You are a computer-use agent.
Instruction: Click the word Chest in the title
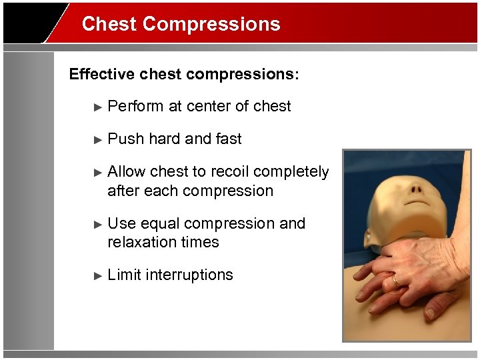[x=109, y=25]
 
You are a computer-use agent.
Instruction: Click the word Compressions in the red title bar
[x=211, y=25]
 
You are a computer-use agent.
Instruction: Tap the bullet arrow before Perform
[x=98, y=107]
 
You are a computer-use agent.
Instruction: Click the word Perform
[x=135, y=106]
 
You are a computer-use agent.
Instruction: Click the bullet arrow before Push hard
[x=98, y=139]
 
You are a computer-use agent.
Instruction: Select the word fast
[x=229, y=139]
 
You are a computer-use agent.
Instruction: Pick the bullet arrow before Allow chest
[x=98, y=172]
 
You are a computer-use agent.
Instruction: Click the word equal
[x=159, y=224]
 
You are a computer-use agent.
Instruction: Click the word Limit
[x=124, y=275]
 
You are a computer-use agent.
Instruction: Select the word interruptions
[x=189, y=275]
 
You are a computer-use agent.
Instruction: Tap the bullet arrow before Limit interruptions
[x=98, y=275]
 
